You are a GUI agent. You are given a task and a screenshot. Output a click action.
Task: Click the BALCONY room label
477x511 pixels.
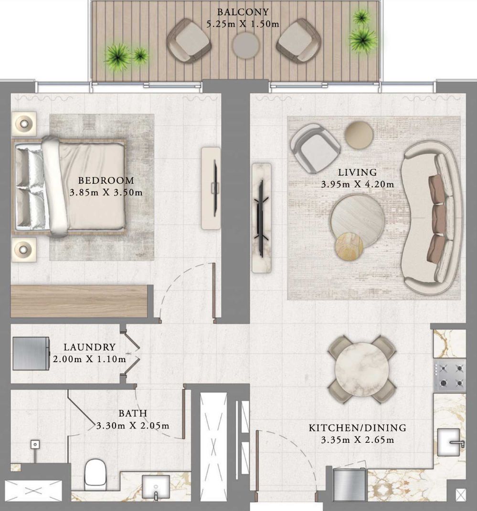tap(243, 12)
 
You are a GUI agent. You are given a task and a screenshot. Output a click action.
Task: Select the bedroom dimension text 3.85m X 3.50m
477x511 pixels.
tap(106, 192)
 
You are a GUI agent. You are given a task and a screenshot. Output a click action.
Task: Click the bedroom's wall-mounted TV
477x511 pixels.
tap(215, 188)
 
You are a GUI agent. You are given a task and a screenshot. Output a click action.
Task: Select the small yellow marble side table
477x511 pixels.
tap(349, 246)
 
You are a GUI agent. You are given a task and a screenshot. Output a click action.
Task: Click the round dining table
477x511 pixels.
tap(362, 369)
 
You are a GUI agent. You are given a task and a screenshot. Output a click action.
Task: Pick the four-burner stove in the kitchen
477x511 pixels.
tap(450, 376)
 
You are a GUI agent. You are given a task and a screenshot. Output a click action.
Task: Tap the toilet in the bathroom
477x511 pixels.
tap(95, 474)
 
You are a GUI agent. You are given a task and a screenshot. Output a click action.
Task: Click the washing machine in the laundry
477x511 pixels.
tap(31, 353)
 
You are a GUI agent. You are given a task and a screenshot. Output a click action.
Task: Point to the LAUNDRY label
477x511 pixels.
tap(89, 347)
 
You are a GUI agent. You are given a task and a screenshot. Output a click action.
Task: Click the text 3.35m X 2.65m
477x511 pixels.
tap(357, 440)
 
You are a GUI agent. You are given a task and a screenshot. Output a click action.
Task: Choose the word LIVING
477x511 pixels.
tap(357, 172)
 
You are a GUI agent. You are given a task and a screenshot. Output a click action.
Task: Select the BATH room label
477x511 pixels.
tap(133, 413)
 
